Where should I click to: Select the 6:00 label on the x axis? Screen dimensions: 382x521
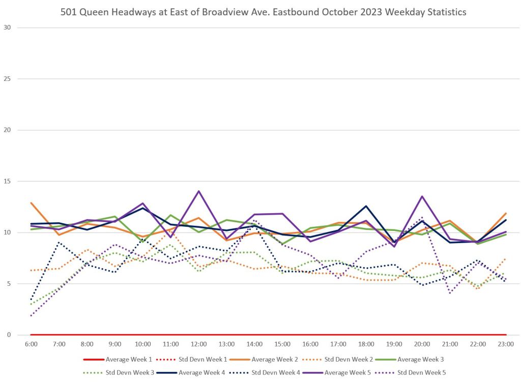coord(31,344)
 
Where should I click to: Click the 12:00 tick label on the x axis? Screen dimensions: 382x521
coord(198,344)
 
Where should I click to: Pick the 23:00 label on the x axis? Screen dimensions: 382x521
coord(506,344)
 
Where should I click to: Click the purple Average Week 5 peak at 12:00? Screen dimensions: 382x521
coord(198,191)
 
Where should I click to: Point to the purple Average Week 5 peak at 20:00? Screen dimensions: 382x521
coord(422,196)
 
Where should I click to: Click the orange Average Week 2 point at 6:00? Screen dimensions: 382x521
coord(31,203)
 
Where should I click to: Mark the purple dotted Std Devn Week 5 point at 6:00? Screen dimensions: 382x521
coord(31,315)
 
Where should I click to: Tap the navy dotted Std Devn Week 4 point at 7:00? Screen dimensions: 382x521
coord(59,243)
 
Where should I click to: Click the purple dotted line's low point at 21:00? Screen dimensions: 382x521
coord(450,293)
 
